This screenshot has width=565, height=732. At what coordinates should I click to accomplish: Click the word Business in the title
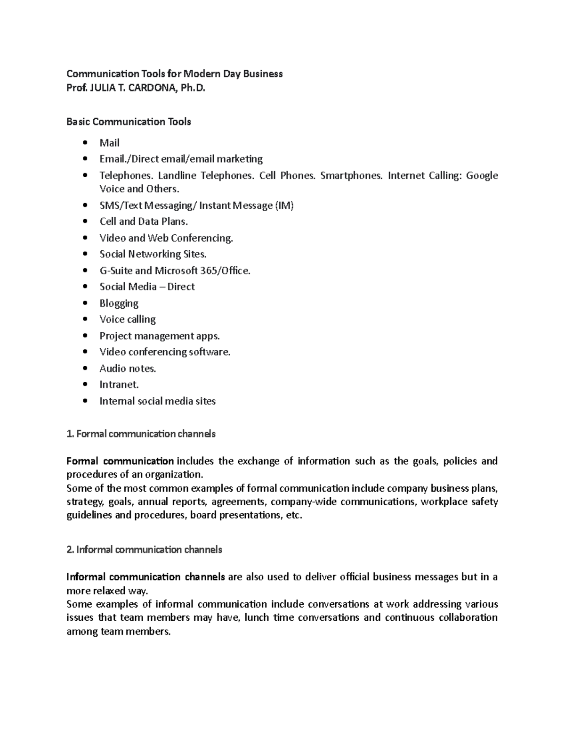[x=263, y=74]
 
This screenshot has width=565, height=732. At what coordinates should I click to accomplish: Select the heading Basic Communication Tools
[x=129, y=122]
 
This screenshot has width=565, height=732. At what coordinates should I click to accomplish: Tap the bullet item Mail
[x=109, y=143]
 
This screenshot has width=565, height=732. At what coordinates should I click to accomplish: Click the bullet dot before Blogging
[x=85, y=303]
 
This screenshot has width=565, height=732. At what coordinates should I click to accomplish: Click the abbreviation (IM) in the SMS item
[x=284, y=206]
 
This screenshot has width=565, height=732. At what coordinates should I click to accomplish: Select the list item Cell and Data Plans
[x=144, y=222]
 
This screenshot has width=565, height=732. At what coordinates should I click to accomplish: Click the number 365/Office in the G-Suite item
[x=225, y=271]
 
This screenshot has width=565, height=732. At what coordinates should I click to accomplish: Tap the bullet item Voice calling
[x=127, y=320]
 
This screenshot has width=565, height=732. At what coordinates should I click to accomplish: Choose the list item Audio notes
[x=128, y=369]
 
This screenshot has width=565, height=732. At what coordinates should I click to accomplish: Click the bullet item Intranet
[x=119, y=385]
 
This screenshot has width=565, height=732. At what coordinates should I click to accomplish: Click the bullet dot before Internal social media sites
[x=85, y=401]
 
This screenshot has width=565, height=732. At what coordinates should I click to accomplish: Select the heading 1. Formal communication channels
[x=141, y=434]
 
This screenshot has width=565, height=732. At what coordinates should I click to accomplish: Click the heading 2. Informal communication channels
[x=144, y=550]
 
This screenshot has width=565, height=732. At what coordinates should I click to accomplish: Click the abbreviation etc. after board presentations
[x=294, y=515]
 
